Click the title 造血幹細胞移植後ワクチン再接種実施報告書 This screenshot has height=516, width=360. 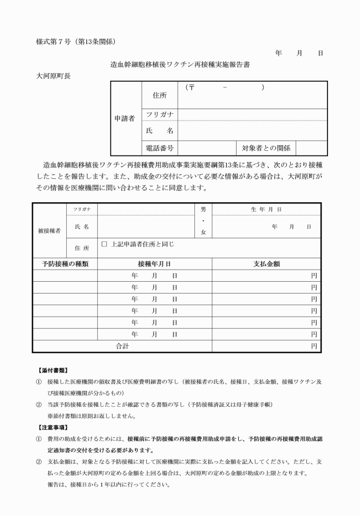[x=179, y=65]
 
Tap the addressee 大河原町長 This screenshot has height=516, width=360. [x=53, y=76]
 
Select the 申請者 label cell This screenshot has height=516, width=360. [x=125, y=119]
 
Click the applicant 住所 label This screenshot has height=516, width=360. [x=159, y=95]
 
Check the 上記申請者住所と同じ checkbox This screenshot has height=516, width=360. [x=105, y=244]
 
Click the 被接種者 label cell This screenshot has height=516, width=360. [x=49, y=231]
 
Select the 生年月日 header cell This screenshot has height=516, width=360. [x=266, y=210]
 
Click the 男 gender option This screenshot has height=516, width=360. [x=203, y=210]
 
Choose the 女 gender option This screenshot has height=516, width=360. [x=203, y=232]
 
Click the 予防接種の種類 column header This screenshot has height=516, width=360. [x=65, y=264]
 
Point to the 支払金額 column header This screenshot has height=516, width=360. [x=266, y=264]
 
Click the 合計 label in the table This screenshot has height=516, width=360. [x=122, y=346]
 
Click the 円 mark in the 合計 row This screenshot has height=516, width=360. [x=314, y=346]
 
